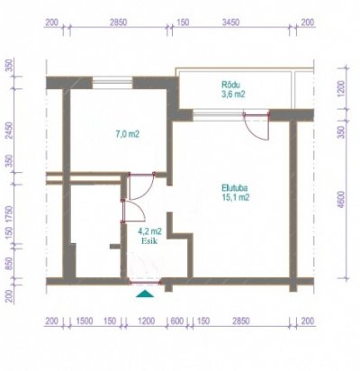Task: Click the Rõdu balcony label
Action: click(x=230, y=85)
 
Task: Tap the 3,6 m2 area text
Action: click(x=233, y=95)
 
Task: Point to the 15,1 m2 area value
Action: click(x=236, y=197)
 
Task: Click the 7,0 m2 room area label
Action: click(x=128, y=134)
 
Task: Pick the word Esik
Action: click(x=149, y=240)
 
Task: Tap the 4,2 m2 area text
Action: click(x=149, y=231)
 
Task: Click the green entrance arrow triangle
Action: click(x=145, y=294)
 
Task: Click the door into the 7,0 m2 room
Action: click(x=141, y=186)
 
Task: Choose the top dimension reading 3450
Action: click(x=230, y=23)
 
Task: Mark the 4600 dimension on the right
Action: click(x=341, y=199)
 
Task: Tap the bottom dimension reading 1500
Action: click(x=85, y=321)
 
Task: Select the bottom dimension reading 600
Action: click(x=177, y=321)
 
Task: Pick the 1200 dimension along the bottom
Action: click(x=147, y=321)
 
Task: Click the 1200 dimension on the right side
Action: click(x=341, y=88)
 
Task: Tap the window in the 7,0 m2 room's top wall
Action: click(x=112, y=83)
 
